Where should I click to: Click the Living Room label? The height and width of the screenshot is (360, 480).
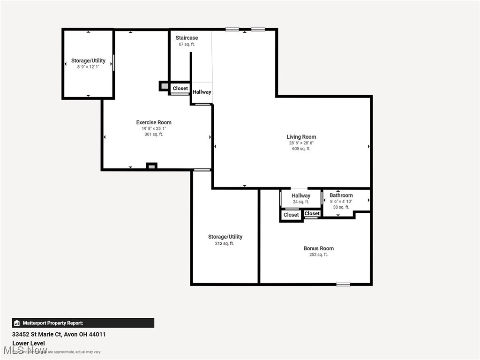click(x=301, y=137)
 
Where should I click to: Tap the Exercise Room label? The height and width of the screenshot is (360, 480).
click(x=154, y=122)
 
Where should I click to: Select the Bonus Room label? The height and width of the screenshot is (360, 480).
click(x=318, y=248)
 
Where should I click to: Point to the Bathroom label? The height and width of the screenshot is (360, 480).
click(x=341, y=195)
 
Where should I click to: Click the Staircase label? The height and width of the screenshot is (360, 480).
click(x=187, y=38)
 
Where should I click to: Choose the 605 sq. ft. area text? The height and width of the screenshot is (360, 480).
click(x=301, y=149)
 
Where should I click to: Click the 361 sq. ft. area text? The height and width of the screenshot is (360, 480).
click(x=154, y=134)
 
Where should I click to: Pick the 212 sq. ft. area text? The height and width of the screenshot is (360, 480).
click(x=225, y=243)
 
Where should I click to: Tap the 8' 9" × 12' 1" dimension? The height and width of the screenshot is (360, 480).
click(x=88, y=67)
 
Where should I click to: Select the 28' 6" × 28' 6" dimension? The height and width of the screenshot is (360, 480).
click(x=301, y=143)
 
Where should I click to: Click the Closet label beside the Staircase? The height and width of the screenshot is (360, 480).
click(x=180, y=88)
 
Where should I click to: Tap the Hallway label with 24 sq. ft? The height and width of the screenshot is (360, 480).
click(x=300, y=195)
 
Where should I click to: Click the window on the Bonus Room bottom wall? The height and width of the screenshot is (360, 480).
click(x=343, y=284)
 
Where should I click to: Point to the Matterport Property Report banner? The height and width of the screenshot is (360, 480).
click(x=83, y=323)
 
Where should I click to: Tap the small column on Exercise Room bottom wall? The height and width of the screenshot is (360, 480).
click(x=151, y=166)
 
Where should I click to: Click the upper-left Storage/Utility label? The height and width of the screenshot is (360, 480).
click(x=88, y=61)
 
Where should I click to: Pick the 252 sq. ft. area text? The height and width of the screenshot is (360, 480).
click(x=318, y=255)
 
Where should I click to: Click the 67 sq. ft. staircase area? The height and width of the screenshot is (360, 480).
click(x=187, y=45)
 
